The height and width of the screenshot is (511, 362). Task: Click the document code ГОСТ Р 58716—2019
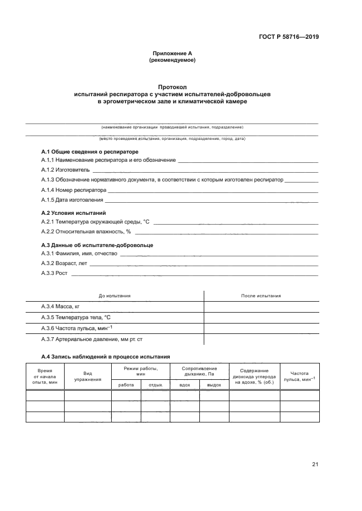coord(288,38)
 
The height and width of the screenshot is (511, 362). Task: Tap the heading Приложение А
coord(173,54)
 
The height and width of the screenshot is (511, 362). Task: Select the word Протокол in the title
coord(173,87)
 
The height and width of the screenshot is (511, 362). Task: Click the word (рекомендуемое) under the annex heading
coord(173,60)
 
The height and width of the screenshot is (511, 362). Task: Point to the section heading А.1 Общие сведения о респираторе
coord(90,151)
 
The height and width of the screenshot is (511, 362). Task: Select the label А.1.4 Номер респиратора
coord(74,190)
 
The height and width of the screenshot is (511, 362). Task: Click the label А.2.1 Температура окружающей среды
coord(96,222)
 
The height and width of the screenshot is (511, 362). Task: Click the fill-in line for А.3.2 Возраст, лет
coord(203,263)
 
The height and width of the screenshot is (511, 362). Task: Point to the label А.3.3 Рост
coord(54,273)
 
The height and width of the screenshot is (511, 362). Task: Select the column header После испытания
coord(261,296)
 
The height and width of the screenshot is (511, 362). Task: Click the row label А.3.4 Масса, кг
coord(61,307)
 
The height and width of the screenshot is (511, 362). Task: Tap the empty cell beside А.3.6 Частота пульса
coord(261,328)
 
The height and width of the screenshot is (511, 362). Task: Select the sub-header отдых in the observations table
coord(156,385)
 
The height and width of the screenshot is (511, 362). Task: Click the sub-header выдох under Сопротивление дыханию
coord(214,385)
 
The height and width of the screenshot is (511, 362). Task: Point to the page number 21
coord(315,465)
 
